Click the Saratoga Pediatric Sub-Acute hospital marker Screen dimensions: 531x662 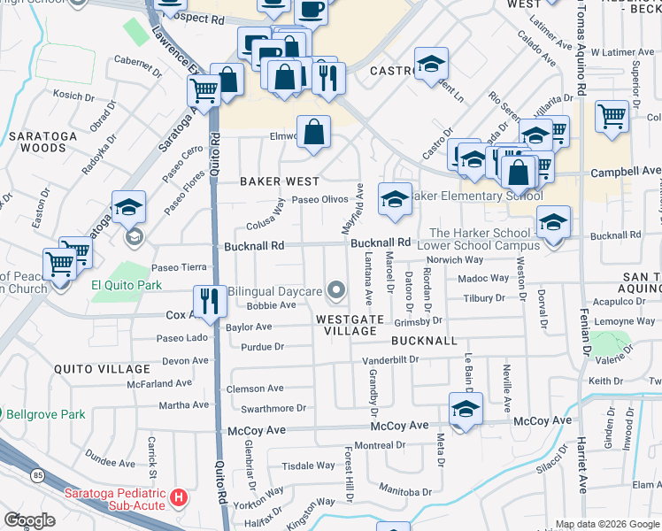click(x=179, y=498)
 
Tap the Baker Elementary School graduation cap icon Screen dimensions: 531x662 click(x=395, y=197)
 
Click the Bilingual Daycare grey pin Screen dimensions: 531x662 click(x=335, y=289)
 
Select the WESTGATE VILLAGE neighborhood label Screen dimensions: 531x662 click(x=350, y=324)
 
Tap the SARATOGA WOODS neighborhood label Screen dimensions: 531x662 click(x=37, y=142)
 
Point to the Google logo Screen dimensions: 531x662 click(x=29, y=519)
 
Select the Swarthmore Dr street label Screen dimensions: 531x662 click(x=273, y=408)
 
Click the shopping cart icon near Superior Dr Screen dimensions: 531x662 click(x=612, y=115)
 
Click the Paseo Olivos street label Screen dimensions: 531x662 click(x=320, y=199)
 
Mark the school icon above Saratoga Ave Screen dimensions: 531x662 click(x=129, y=207)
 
